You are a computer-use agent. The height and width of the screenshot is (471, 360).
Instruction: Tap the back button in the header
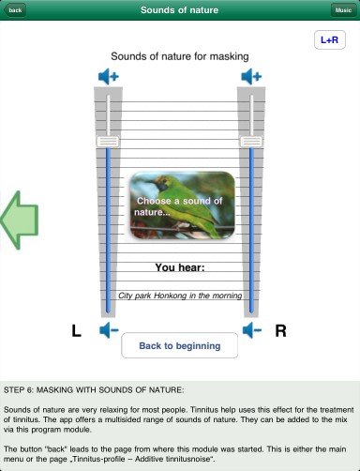coord(15,10)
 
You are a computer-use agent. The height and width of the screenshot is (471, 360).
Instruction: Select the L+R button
coord(330,39)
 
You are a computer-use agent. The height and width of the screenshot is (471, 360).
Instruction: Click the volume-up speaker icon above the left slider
coord(109,76)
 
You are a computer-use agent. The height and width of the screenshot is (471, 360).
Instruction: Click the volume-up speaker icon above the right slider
coord(251,76)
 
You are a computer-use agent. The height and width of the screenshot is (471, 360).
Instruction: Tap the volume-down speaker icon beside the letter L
coord(109,330)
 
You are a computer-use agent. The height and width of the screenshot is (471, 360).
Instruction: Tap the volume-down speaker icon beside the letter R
coord(252,330)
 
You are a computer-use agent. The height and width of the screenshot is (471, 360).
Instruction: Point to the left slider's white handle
coord(108,142)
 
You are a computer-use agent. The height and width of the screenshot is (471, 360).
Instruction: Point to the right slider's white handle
coord(251,142)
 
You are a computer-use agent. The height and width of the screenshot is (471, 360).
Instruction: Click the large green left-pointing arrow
coord(20,220)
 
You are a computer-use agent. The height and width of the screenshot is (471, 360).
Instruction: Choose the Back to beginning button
coord(180,345)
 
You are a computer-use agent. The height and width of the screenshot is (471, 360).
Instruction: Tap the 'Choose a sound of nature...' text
coord(179,206)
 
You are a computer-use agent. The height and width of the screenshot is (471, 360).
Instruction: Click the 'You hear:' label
coord(180,267)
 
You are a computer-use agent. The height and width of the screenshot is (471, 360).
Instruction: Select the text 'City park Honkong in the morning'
coord(180,296)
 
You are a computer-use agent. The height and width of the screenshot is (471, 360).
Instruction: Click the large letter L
coord(76,331)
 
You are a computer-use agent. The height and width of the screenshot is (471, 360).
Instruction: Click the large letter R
coord(280,331)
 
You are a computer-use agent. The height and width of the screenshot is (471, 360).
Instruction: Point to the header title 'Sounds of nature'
coord(179,10)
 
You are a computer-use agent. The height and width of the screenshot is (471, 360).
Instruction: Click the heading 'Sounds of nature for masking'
coord(180,56)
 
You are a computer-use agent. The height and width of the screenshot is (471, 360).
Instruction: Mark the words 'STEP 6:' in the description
coord(19,390)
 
